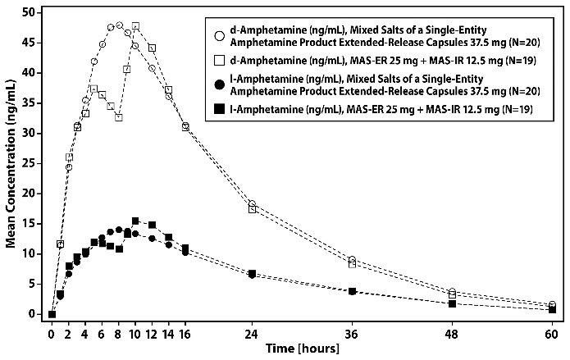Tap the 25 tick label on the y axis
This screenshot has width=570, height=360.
[x=31, y=163]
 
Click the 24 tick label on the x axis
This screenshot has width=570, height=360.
[x=252, y=334]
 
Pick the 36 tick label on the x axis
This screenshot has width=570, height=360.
[x=352, y=334]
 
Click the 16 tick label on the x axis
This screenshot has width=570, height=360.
[x=185, y=334]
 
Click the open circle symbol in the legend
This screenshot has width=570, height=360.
[x=219, y=36]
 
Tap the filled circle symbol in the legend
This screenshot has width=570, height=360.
[x=219, y=84]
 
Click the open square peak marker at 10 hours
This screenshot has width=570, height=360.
[x=135, y=26]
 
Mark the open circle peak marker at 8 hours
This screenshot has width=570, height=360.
[x=119, y=25]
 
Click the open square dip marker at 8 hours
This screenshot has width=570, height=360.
[x=119, y=117]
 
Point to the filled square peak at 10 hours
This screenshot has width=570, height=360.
[x=135, y=221]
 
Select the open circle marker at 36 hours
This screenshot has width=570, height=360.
[x=352, y=260]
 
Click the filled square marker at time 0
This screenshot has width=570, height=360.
[x=52, y=314]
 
